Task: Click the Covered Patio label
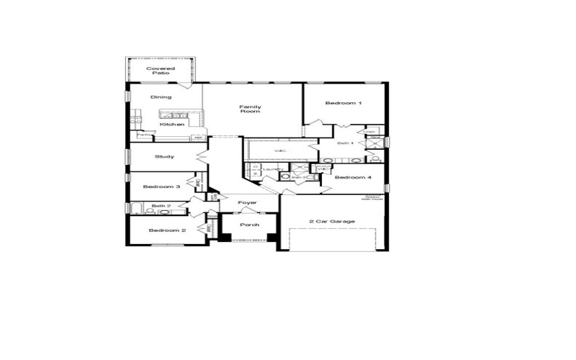tap(161, 71)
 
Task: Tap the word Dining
tap(161, 97)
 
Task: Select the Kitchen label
tap(172, 125)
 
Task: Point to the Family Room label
tap(250, 109)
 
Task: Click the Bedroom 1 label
tap(343, 104)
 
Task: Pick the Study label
tap(164, 156)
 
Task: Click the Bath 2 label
tap(161, 207)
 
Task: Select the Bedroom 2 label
tap(167, 230)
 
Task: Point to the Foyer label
tap(248, 203)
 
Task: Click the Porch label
tap(249, 225)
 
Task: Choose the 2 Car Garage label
tap(332, 221)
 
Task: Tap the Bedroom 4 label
tap(353, 177)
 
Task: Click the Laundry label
tap(271, 169)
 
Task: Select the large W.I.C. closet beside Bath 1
tap(280, 150)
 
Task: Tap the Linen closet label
tap(371, 132)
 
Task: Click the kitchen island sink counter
tap(174, 114)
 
